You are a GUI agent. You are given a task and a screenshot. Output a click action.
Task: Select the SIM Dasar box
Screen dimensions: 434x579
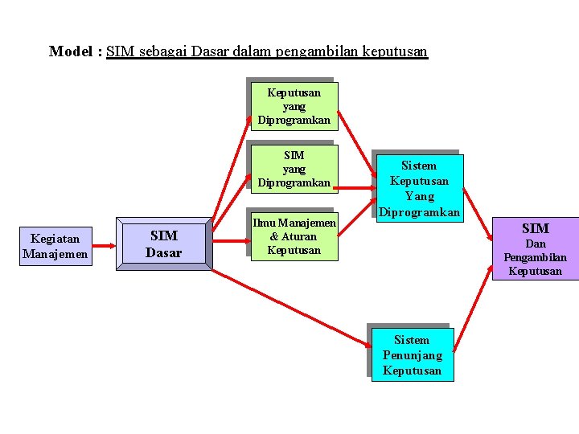[163, 244]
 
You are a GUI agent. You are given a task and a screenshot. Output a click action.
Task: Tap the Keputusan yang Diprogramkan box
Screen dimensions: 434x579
[294, 106]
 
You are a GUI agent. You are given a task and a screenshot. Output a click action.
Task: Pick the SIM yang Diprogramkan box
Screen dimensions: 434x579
[294, 169]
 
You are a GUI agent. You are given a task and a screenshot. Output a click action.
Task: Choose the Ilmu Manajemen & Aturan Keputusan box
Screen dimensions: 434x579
[294, 236]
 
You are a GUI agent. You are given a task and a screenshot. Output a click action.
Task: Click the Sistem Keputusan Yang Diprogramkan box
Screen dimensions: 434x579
[419, 189]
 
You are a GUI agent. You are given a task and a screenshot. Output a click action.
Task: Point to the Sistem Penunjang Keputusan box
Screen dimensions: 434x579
[413, 354]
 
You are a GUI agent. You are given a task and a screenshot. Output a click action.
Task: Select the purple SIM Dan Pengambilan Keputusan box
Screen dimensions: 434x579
[535, 249]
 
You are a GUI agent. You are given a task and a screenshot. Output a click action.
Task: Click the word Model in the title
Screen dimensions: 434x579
[72, 52]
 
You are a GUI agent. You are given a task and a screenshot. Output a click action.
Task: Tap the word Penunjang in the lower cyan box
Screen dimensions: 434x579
[413, 355]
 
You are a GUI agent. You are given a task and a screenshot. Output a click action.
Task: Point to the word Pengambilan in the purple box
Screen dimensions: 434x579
[535, 257]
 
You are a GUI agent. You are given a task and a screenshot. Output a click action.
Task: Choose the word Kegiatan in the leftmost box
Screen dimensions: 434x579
[55, 239]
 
